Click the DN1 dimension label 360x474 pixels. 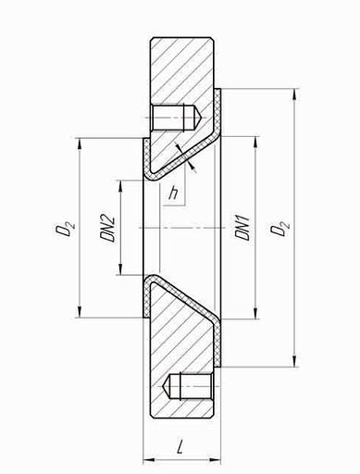tap(242, 228)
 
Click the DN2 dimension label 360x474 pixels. tap(107, 228)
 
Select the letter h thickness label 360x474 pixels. tap(173, 193)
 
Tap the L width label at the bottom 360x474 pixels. tap(180, 447)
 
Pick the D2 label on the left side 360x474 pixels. tap(65, 228)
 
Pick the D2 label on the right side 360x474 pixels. tap(280, 228)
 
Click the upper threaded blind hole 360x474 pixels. tap(176, 118)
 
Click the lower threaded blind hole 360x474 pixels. tap(188, 386)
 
